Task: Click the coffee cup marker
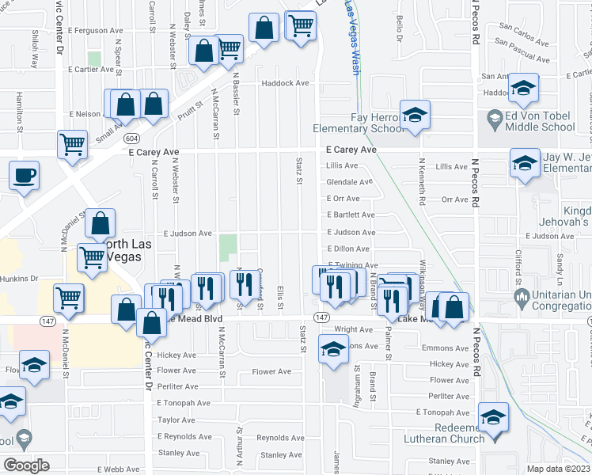[x=24, y=175]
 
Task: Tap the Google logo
[x=26, y=465]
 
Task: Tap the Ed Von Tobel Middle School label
[x=536, y=121]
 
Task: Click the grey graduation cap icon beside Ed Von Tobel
[x=495, y=120]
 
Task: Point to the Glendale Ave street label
[x=349, y=182]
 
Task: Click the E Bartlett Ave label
[x=351, y=215]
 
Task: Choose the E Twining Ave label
[x=353, y=265]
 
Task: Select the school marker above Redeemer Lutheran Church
[x=493, y=416]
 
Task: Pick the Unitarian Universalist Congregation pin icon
[x=521, y=298]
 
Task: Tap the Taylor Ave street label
[x=176, y=420]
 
